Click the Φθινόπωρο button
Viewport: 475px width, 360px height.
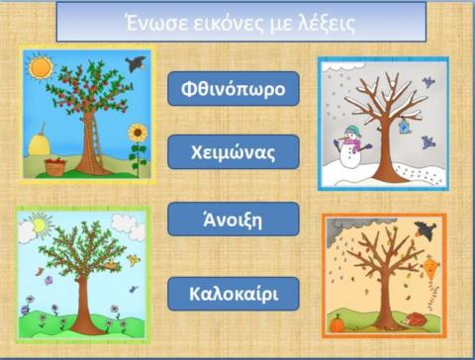(233, 89)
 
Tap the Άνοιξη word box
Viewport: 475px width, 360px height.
(233, 219)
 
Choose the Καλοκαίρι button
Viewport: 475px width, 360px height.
(233, 294)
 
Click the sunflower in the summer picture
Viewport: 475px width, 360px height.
(138, 135)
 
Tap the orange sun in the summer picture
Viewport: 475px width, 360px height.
(40, 68)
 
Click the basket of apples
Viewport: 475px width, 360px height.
(55, 166)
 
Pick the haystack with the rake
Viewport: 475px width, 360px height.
(40, 141)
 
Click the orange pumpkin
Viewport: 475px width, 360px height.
(337, 322)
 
